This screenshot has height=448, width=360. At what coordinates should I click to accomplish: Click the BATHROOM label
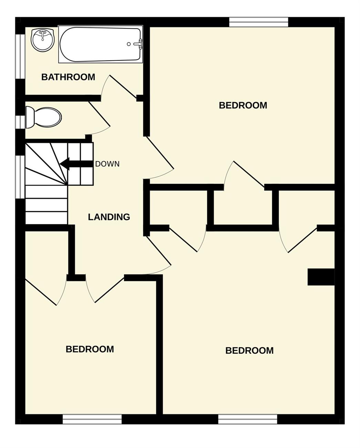point(68,77)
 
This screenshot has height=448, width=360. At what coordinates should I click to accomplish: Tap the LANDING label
point(109,217)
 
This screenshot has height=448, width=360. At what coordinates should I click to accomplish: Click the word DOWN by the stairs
point(107,164)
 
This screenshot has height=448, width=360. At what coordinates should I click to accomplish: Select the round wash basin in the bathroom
point(43,40)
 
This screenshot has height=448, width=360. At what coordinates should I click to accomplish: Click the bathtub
point(101,44)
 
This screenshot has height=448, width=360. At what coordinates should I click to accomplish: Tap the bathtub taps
point(138,44)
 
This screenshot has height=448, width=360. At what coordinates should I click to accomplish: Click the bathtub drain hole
point(129,44)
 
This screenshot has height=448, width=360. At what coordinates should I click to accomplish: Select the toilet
point(43,117)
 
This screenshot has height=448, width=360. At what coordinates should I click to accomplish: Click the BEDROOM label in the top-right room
point(243,105)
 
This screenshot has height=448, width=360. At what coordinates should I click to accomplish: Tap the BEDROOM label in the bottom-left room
point(90,349)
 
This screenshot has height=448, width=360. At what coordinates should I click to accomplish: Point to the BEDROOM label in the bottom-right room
point(249,350)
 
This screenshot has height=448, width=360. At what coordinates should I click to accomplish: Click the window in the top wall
point(259,22)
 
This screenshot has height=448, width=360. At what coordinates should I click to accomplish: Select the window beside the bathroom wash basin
point(20,57)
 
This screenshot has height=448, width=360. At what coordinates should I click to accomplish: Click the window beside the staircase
point(20,177)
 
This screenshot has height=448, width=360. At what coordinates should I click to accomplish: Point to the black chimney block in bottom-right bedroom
point(321,277)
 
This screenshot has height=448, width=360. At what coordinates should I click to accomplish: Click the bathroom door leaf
point(123,87)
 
